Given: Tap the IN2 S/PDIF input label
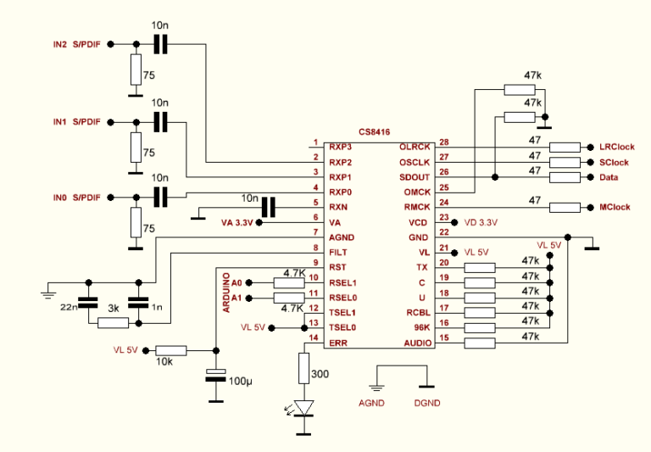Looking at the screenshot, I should tap(76, 44).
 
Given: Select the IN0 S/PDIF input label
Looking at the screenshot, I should tap(76, 198).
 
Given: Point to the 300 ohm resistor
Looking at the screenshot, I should tap(303, 369).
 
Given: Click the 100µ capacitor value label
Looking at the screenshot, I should tap(241, 382).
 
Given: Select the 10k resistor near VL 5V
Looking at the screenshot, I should tap(172, 349).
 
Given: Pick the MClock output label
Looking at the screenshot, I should tap(616, 208).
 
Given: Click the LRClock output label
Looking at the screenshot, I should tap(616, 147).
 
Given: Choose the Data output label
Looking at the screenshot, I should tap(608, 177).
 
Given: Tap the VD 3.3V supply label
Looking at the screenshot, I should tap(481, 222).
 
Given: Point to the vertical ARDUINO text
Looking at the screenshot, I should tap(227, 293).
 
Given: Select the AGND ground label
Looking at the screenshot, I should tap(373, 403).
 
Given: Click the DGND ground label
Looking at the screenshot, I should tap(427, 403).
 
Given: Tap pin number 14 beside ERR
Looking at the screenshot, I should tap(314, 338).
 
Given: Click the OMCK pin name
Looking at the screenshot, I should tap(416, 193).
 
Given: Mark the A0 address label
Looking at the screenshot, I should tap(236, 282).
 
